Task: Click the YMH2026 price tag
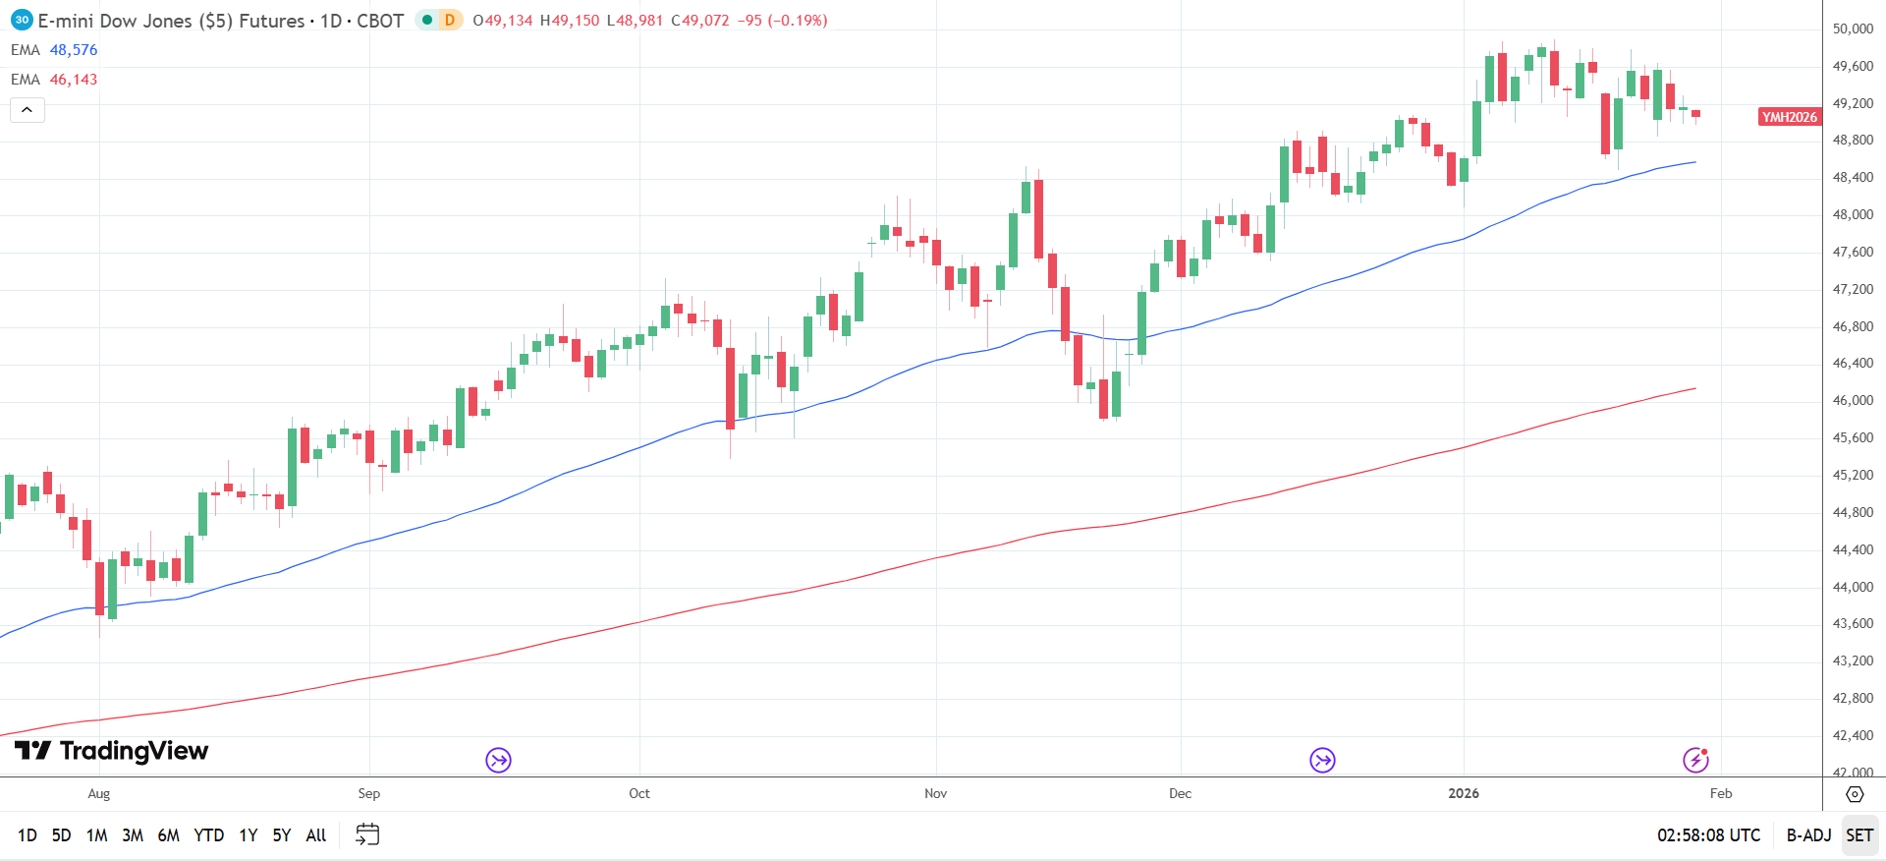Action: tap(1789, 117)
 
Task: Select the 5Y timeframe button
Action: tap(282, 835)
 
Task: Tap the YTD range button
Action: tap(208, 835)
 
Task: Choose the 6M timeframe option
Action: tap(168, 835)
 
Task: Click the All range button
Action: tap(316, 835)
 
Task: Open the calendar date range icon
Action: tap(367, 834)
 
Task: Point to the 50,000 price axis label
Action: tap(1853, 29)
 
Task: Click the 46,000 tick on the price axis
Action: tap(1853, 401)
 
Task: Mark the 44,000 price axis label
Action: tap(1853, 587)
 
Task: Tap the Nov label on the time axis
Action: tap(935, 793)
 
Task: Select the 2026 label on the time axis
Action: tap(1463, 793)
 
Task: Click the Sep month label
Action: tap(369, 793)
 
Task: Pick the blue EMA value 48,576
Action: tap(74, 50)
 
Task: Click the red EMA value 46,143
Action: tap(74, 80)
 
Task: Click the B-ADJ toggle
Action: tap(1808, 835)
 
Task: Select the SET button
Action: tap(1859, 835)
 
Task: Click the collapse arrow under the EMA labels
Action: tap(28, 110)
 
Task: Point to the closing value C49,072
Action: tap(700, 21)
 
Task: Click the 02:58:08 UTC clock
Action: tap(1708, 835)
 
